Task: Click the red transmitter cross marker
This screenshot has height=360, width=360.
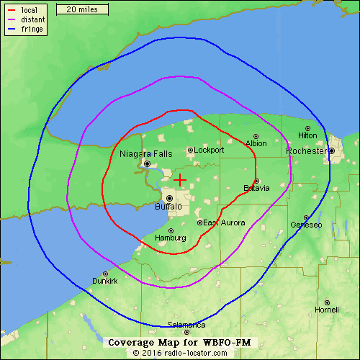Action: point(180,179)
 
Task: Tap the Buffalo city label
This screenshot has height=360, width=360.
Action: point(168,207)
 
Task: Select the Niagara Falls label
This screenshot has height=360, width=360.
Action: point(147,153)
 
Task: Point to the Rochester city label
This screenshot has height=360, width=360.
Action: point(306,151)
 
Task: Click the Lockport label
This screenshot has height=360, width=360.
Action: point(210,150)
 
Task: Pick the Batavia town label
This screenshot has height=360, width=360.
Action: point(256,189)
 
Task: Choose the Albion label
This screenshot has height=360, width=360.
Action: point(256,143)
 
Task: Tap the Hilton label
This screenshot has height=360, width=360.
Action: point(307,135)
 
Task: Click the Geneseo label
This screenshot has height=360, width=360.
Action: point(306,225)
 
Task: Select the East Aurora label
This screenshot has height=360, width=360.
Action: point(223,223)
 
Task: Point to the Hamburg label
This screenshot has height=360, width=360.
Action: point(171,238)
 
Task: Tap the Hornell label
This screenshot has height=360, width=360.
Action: point(327,310)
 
